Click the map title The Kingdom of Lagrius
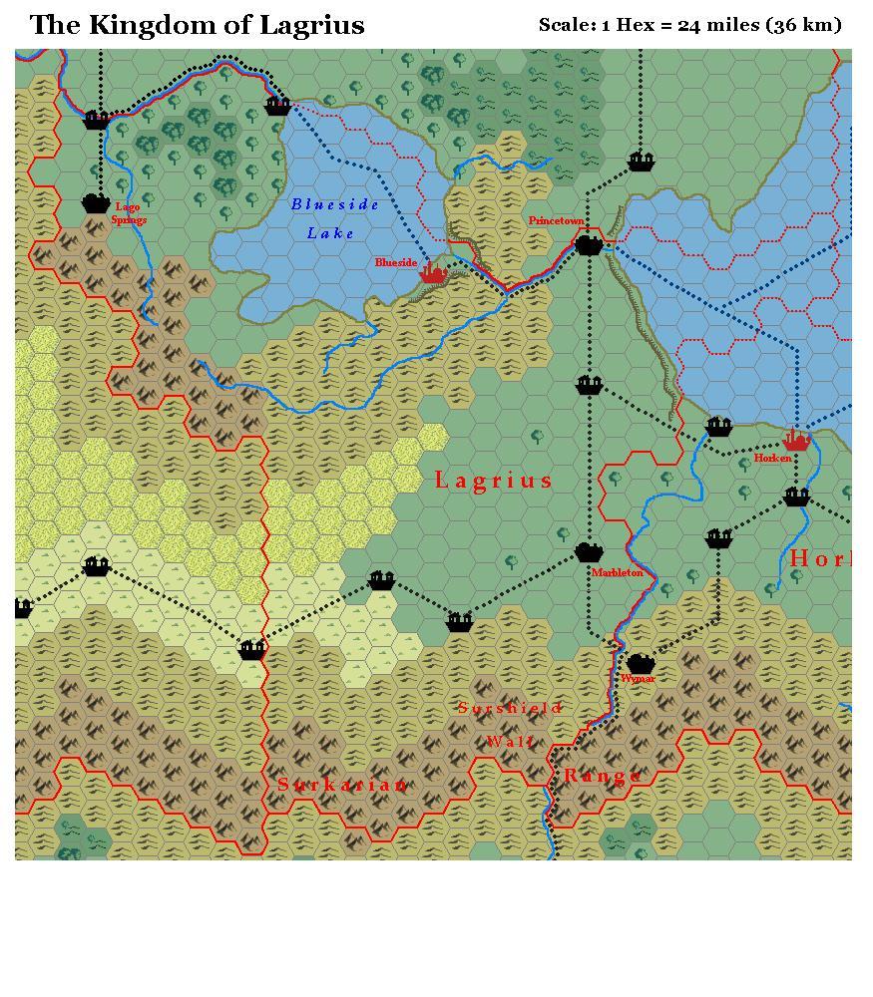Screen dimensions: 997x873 pos(197,25)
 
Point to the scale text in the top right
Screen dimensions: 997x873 pos(689,25)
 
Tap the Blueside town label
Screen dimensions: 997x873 pos(396,263)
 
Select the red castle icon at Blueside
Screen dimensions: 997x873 pos(432,272)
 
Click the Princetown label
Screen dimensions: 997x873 pos(556,220)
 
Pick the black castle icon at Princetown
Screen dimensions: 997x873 pos(590,243)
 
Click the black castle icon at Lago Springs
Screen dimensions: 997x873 pos(96,203)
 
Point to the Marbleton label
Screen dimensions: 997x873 pos(617,573)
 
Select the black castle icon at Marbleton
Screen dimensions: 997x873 pos(590,552)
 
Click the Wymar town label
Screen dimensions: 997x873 pos(638,679)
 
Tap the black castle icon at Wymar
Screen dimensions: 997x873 pos(641,663)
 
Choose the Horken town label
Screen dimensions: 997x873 pos(772,459)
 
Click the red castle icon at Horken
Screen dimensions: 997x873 pos(796,440)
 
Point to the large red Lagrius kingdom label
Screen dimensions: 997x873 pos(493,481)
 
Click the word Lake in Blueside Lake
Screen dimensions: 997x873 pos(330,233)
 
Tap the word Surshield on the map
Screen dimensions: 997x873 pos(510,709)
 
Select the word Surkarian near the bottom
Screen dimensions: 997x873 pos(342,785)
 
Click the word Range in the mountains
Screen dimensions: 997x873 pos(603,776)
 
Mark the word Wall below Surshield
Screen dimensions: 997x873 pos(511,742)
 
